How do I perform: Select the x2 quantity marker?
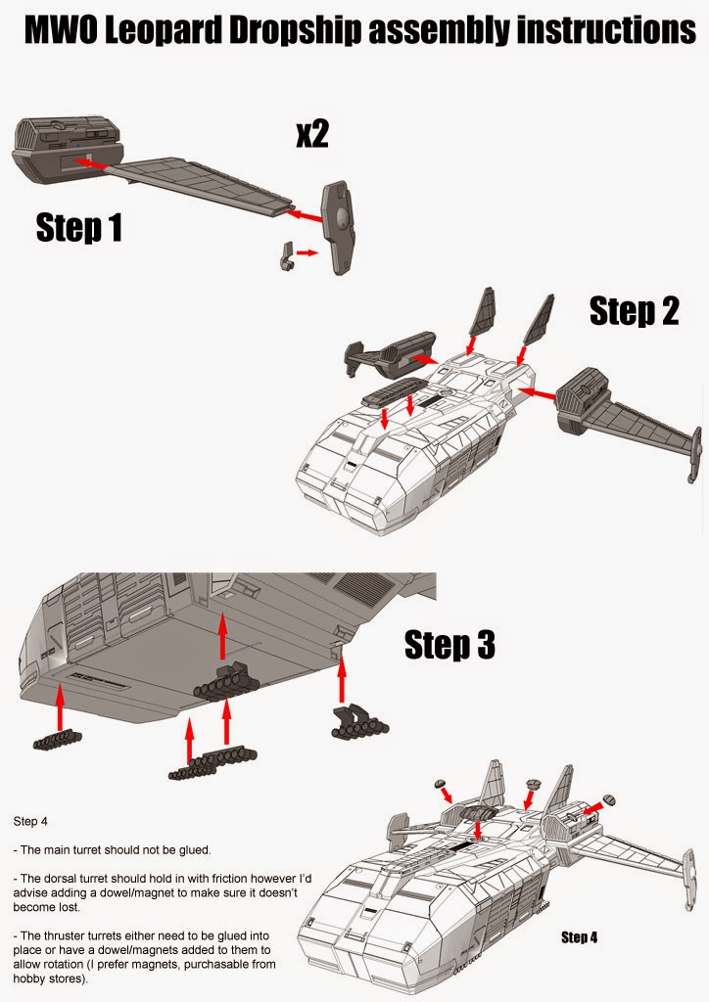(311, 134)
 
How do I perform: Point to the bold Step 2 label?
(634, 310)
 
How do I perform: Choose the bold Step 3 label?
(449, 645)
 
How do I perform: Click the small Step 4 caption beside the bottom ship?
(580, 937)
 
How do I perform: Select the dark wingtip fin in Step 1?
(342, 229)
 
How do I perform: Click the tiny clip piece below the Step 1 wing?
(285, 255)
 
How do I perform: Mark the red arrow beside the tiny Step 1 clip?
(307, 252)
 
